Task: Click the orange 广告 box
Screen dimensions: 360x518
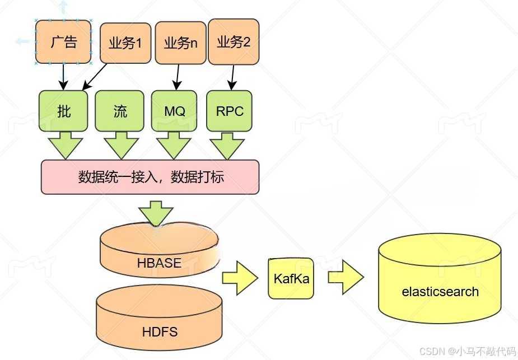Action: pyautogui.click(x=63, y=42)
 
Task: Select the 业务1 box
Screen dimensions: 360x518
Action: pyautogui.click(x=125, y=43)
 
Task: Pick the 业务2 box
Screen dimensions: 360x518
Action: pyautogui.click(x=234, y=41)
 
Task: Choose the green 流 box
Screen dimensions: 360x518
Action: pyautogui.click(x=120, y=111)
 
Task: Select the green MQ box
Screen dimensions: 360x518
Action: pyautogui.click(x=174, y=111)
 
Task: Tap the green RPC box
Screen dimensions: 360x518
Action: pyautogui.click(x=230, y=111)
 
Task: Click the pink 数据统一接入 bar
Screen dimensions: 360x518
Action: pyautogui.click(x=151, y=177)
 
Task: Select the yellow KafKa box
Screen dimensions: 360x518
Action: pyautogui.click(x=291, y=278)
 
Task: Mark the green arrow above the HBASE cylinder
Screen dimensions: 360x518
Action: pyautogui.click(x=156, y=213)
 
